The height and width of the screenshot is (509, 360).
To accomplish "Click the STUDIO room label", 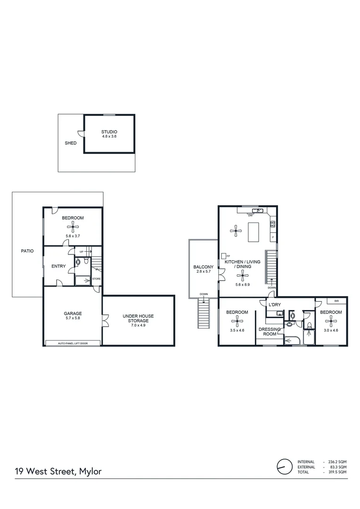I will [109, 131].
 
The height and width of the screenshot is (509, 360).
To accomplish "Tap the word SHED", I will [70, 143].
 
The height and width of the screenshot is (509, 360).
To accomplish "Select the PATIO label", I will [27, 251].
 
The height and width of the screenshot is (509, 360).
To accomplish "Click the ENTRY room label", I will [58, 266].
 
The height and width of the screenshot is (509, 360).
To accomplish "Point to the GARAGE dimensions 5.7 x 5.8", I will [73, 319].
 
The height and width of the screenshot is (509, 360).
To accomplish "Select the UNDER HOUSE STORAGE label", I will [138, 318].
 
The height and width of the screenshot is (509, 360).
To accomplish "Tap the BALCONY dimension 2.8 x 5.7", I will [203, 272].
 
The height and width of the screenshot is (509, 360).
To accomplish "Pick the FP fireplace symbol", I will [224, 256].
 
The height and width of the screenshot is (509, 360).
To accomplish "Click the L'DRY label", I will [275, 305].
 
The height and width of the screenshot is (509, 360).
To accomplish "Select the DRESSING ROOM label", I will [270, 332].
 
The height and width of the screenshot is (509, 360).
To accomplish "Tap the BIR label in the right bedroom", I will [336, 301].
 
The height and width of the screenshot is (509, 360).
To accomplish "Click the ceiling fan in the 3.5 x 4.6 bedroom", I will [237, 322].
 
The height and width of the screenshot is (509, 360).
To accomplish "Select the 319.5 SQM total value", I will [336, 472].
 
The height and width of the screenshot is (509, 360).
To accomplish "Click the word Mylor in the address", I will [90, 471].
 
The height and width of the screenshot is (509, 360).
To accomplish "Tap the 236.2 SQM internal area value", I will [336, 461].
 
